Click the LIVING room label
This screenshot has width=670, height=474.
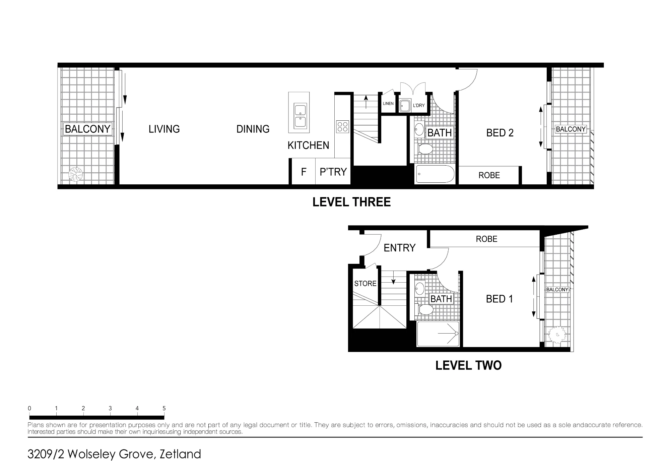tap(164, 129)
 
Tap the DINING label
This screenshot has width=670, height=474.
tap(253, 129)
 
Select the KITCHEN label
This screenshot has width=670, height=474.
tap(308, 145)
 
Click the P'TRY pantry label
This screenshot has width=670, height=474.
tap(333, 172)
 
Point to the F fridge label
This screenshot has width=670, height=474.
tap(304, 172)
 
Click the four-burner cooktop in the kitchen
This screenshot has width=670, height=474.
tap(343, 127)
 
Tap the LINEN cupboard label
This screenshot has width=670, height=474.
tap(388, 104)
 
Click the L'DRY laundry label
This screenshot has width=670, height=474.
tap(419, 105)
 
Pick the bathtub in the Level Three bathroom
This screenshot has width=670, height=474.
tap(435, 174)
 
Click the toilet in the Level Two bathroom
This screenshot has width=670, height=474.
tap(424, 309)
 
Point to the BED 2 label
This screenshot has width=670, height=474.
tap(500, 133)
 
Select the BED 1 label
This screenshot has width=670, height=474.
tap(499, 299)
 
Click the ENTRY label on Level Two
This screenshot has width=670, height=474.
tap(399, 248)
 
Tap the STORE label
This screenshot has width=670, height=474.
tap(365, 284)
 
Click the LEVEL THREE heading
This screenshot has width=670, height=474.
tap(351, 202)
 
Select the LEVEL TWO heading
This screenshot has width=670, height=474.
tap(468, 365)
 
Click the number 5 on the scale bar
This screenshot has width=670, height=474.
tap(164, 408)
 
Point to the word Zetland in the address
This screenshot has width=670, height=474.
tap(180, 454)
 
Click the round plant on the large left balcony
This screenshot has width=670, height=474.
tap(75, 174)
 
